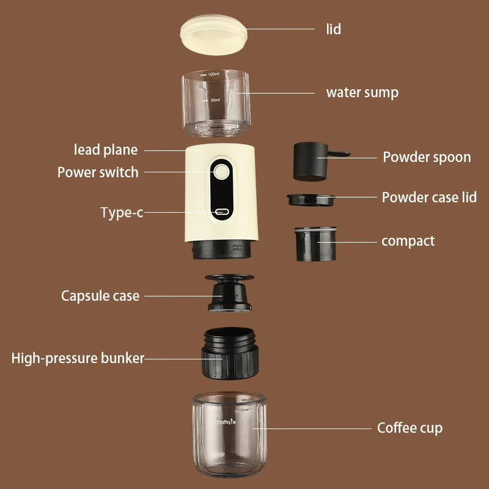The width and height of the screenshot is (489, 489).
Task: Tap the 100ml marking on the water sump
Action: pos(213,74)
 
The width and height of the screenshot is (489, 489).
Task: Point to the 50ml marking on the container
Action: pos(215,100)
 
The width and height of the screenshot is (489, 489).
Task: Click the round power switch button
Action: pos(221,172)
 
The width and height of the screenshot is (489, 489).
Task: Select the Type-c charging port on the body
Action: pos(221,213)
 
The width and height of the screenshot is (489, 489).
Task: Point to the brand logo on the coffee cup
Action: pos(227,421)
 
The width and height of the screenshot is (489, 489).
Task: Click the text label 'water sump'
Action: pos(362,93)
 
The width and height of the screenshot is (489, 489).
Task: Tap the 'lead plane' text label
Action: pos(106,150)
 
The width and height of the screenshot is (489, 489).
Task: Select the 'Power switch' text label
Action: pos(98,172)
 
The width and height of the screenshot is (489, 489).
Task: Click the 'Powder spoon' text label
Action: pos(427,157)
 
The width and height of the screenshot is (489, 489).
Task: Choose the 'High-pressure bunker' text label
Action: pos(78,358)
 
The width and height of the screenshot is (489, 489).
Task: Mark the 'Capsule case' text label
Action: pos(100,296)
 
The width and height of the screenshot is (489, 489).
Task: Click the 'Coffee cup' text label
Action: pos(410,428)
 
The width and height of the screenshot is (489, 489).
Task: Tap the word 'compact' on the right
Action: pos(408,241)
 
